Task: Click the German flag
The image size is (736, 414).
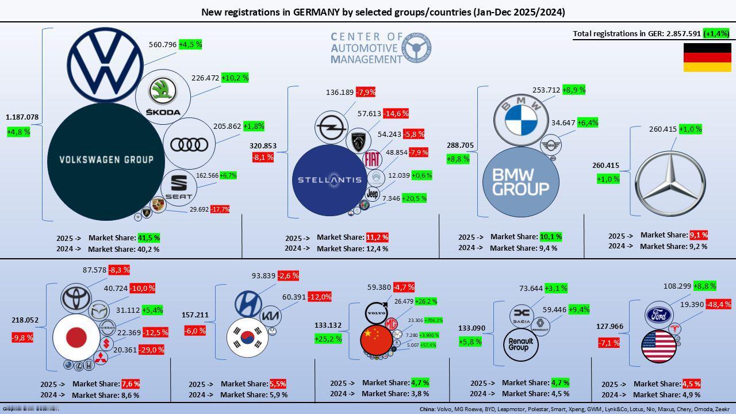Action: [x=707, y=57]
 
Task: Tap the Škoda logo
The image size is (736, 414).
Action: [x=163, y=96]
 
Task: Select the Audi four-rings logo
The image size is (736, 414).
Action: [x=189, y=144]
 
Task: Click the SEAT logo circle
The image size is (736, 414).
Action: [x=179, y=187]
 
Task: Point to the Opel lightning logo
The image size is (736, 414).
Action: [x=331, y=128]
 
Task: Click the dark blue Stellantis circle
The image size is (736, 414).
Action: [x=329, y=180]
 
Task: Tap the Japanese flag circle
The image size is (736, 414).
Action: [x=76, y=338]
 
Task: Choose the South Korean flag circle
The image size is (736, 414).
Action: [x=248, y=338]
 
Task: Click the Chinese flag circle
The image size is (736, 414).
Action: [x=377, y=339]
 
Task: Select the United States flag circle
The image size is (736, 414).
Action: [x=659, y=347]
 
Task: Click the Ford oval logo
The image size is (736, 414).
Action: [x=658, y=315]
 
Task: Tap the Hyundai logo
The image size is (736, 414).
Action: [x=248, y=304]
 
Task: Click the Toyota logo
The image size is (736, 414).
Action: [x=76, y=298]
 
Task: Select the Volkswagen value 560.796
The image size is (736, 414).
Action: [x=163, y=44]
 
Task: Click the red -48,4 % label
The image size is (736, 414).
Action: [x=718, y=304]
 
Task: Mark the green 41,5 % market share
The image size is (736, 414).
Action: [x=148, y=237]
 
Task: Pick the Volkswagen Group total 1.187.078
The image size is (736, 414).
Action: [x=22, y=117]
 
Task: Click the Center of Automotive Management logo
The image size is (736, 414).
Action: [x=381, y=48]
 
